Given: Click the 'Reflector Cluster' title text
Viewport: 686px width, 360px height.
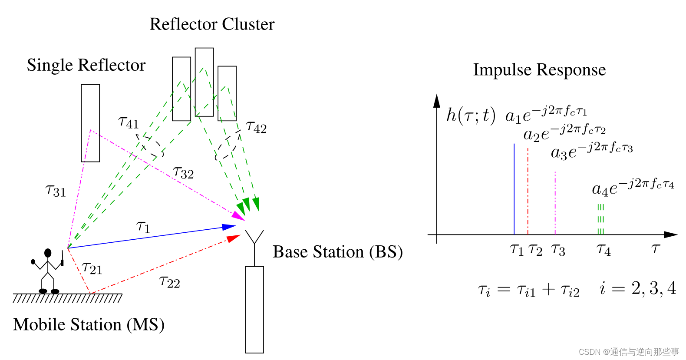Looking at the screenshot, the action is tap(212, 24).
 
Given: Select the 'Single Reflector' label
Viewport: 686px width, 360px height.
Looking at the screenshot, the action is tap(86, 65).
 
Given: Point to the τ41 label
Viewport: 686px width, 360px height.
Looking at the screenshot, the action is tap(129, 123).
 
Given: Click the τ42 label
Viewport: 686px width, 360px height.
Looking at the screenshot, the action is tap(256, 127).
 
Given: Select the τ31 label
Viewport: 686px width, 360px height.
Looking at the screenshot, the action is tap(56, 191).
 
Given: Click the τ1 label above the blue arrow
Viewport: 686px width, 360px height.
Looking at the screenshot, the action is tap(143, 227).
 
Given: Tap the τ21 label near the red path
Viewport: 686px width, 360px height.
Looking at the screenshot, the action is tap(92, 268).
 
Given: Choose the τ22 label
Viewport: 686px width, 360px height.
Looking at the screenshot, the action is tap(170, 281).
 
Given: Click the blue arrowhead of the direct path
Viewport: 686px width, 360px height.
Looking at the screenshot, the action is tap(228, 227).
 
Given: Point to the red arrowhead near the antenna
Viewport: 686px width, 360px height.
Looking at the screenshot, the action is tap(233, 238).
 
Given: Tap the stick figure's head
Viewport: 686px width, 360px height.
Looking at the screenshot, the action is tap(48, 253).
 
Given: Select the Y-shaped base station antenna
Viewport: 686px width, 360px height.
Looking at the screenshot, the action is tap(254, 248).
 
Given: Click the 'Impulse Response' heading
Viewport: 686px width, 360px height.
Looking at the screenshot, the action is tap(540, 70).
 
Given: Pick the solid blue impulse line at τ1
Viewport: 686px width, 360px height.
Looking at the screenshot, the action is tap(514, 189).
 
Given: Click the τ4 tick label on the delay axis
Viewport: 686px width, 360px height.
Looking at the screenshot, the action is tap(604, 250).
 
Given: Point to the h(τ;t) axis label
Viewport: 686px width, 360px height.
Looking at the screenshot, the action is tap(471, 116).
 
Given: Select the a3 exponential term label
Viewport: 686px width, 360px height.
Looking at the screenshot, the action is tap(592, 151).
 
